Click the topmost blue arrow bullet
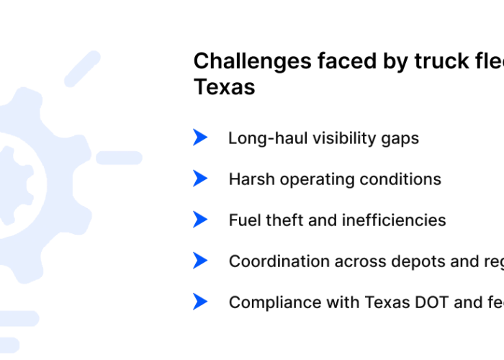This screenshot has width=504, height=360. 199,137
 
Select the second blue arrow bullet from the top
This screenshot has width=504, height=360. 199,178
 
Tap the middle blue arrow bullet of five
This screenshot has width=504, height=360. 199,219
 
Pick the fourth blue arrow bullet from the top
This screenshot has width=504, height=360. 199,260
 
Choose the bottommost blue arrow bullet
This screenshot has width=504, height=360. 199,301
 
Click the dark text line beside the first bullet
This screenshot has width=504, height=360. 322,138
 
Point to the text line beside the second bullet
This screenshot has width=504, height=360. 333,179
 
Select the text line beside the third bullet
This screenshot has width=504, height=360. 336,220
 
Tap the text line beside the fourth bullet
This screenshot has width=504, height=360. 364,261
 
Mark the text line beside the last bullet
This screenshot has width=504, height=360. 364,302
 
